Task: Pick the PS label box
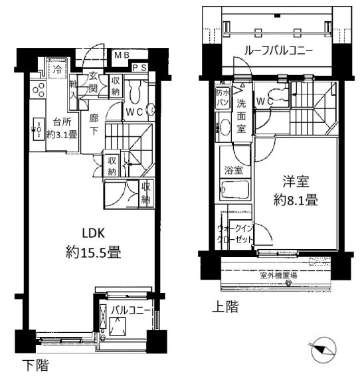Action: (139, 67)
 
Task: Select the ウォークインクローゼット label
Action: (234, 234)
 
